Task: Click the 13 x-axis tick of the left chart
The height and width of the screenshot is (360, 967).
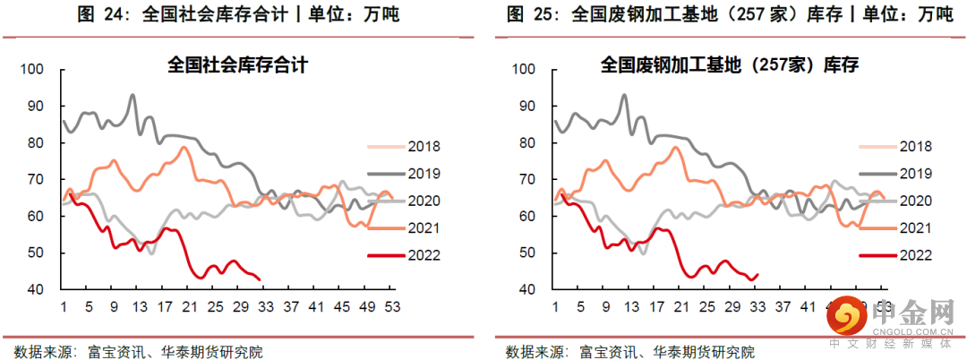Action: tap(138, 307)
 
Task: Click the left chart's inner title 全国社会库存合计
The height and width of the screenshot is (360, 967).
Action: tap(231, 65)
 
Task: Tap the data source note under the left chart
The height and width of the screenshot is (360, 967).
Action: tap(139, 349)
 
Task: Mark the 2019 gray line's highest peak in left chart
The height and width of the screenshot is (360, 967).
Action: tap(133, 95)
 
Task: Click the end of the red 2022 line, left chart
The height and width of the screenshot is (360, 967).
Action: tap(260, 279)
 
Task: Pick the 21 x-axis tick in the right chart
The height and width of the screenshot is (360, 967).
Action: tap(684, 307)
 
